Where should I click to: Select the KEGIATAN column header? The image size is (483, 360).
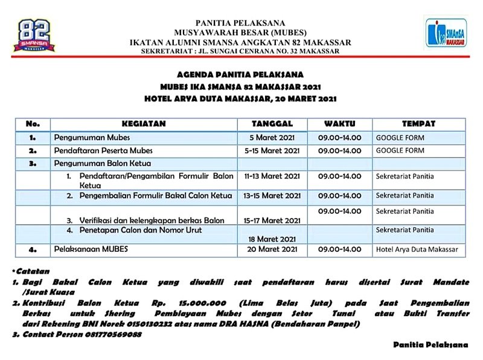click(143, 124)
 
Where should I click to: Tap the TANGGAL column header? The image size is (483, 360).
click(272, 124)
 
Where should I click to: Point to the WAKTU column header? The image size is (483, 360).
click(339, 124)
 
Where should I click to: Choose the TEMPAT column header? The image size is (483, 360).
click(418, 124)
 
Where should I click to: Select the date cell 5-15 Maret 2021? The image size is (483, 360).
click(272, 150)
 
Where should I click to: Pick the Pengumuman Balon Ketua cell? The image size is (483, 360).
click(102, 163)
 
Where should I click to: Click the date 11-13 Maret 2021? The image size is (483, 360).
click(272, 176)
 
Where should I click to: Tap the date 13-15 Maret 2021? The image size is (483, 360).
click(272, 196)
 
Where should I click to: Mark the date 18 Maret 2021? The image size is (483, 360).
click(272, 239)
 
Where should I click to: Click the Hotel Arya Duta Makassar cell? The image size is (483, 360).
click(417, 249)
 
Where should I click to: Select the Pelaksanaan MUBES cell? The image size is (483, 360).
click(91, 249)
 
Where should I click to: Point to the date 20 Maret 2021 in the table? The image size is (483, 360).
click(272, 249)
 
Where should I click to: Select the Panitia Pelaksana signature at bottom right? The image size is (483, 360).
click(430, 344)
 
